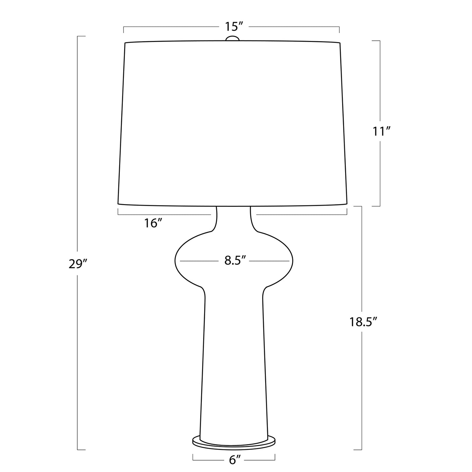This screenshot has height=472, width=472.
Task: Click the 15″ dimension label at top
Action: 232,26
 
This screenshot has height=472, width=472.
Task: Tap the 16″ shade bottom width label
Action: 154,223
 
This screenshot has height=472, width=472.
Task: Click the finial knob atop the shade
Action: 232,39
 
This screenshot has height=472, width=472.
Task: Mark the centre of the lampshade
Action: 232,123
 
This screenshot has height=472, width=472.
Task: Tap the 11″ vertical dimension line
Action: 380,84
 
